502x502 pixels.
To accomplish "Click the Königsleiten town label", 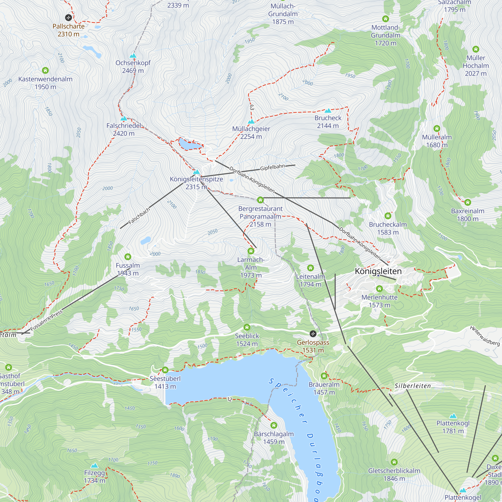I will [378, 271].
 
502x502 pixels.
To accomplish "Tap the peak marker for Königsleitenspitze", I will [197, 172].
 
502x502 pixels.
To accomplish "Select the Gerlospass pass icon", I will [313, 333].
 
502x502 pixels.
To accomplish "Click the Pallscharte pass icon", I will [68, 18].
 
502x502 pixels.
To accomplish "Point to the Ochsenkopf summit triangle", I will [133, 56].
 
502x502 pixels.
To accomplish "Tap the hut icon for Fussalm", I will [128, 257].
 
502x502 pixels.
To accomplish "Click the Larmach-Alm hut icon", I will [251, 251].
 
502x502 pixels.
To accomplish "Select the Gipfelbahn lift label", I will [272, 167].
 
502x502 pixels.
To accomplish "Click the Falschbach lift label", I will [139, 216].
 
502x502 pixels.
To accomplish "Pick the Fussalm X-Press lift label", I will [46, 320].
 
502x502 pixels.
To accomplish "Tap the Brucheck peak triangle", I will [328, 111].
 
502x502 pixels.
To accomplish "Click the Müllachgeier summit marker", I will [251, 121].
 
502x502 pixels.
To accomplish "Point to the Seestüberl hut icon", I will [165, 370].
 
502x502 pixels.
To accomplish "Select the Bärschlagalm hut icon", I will [274, 425].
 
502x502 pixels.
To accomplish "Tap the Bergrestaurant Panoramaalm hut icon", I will [260, 200].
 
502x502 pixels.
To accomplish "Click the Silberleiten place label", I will [413, 386].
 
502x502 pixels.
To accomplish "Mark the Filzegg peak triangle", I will [95, 465].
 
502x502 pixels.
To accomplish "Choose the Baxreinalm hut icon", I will [468, 202].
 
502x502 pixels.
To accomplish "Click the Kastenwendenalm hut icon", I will [45, 70].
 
